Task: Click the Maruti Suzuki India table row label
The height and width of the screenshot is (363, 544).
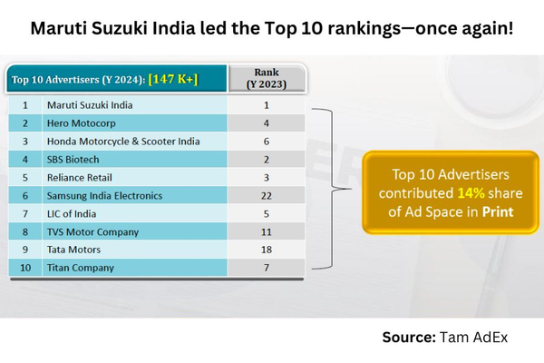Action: (x=90, y=105)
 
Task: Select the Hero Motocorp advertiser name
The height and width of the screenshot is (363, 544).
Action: (x=79, y=123)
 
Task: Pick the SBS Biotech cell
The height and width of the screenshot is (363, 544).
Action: (x=73, y=159)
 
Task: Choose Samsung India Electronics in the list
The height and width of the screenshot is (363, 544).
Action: (x=105, y=195)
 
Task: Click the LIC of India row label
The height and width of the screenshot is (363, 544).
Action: (x=73, y=213)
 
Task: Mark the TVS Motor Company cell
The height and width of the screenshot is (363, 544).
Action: (x=92, y=231)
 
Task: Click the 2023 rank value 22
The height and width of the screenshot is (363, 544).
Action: (x=266, y=195)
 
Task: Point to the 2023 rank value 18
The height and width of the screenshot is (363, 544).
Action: (x=266, y=250)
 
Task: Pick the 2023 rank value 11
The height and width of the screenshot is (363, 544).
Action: (x=266, y=231)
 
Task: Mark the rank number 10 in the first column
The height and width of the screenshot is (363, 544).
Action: (x=26, y=268)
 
